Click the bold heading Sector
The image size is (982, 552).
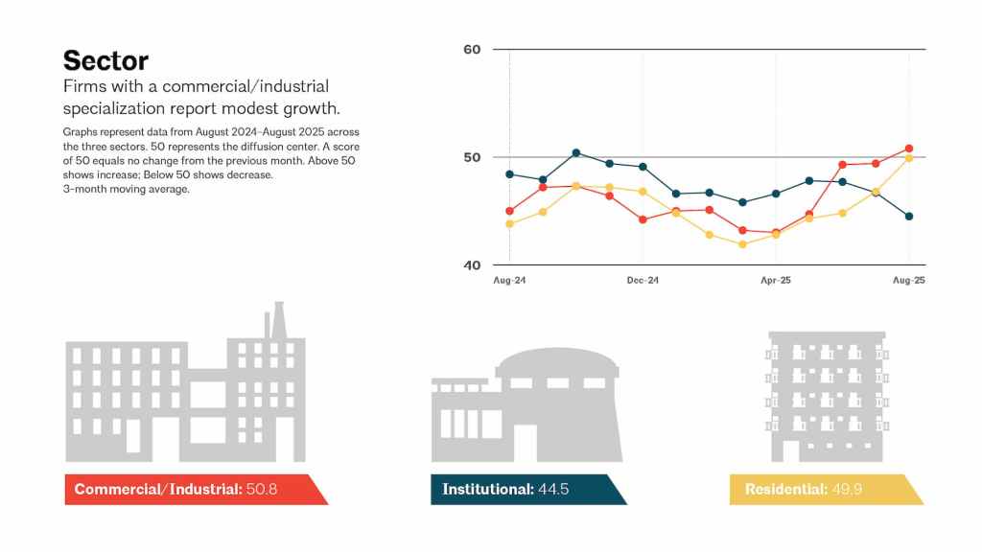click(105, 60)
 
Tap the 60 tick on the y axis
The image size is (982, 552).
click(472, 49)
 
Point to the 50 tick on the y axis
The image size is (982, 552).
click(472, 157)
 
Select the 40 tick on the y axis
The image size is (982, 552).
click(472, 264)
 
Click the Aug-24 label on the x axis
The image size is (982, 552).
click(508, 281)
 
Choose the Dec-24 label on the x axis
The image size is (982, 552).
click(642, 281)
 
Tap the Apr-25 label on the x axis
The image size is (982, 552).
click(775, 281)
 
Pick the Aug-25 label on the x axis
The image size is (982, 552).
click(908, 281)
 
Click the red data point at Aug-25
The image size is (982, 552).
click(909, 149)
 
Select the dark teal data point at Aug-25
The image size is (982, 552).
click(909, 217)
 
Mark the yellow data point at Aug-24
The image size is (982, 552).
click(509, 224)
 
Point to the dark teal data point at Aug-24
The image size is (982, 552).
click(509, 174)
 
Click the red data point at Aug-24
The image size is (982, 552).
click(509, 211)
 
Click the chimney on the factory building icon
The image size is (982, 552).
click(279, 319)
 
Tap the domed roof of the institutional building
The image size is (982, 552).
click(558, 362)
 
